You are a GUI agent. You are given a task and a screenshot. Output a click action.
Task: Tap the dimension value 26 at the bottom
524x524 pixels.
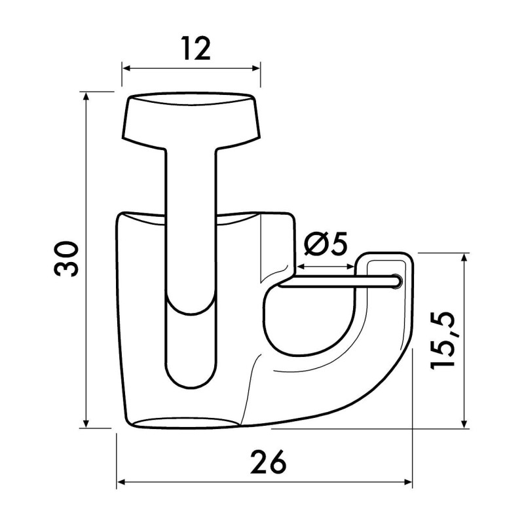pos(268,463)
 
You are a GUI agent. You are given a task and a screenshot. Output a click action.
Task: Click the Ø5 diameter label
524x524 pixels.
pos(326,244)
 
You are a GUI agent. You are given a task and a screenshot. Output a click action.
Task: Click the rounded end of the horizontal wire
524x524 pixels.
pos(395,281)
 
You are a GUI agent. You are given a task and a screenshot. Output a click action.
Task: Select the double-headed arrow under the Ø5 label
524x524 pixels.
pos(326,267)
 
